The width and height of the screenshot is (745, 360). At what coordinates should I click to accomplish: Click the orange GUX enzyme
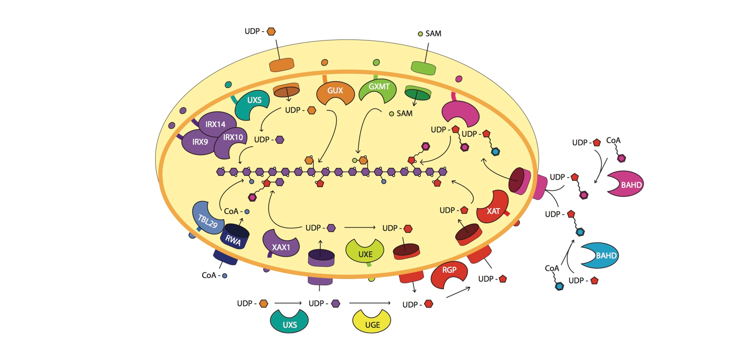335,92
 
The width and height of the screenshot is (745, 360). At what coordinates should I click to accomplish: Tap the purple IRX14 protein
215,124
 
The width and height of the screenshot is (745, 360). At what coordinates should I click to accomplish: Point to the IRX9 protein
199,142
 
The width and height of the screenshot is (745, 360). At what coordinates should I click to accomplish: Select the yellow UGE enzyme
372,323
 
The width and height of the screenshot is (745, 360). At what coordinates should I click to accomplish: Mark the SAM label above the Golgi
433,34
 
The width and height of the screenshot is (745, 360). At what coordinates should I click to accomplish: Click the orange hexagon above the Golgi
271,32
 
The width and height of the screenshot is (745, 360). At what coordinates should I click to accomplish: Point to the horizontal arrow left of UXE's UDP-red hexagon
360,228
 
